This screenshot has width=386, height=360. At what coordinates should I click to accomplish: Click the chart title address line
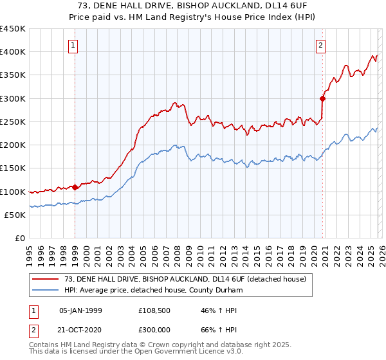(x=193, y=6)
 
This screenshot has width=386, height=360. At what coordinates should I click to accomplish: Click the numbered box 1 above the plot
(x=75, y=45)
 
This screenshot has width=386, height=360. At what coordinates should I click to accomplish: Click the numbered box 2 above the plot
(x=320, y=45)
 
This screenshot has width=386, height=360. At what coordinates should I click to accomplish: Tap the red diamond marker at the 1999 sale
(x=75, y=188)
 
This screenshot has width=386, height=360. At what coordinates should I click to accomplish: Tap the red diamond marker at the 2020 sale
(x=323, y=98)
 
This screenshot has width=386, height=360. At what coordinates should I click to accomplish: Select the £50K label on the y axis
(x=15, y=215)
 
